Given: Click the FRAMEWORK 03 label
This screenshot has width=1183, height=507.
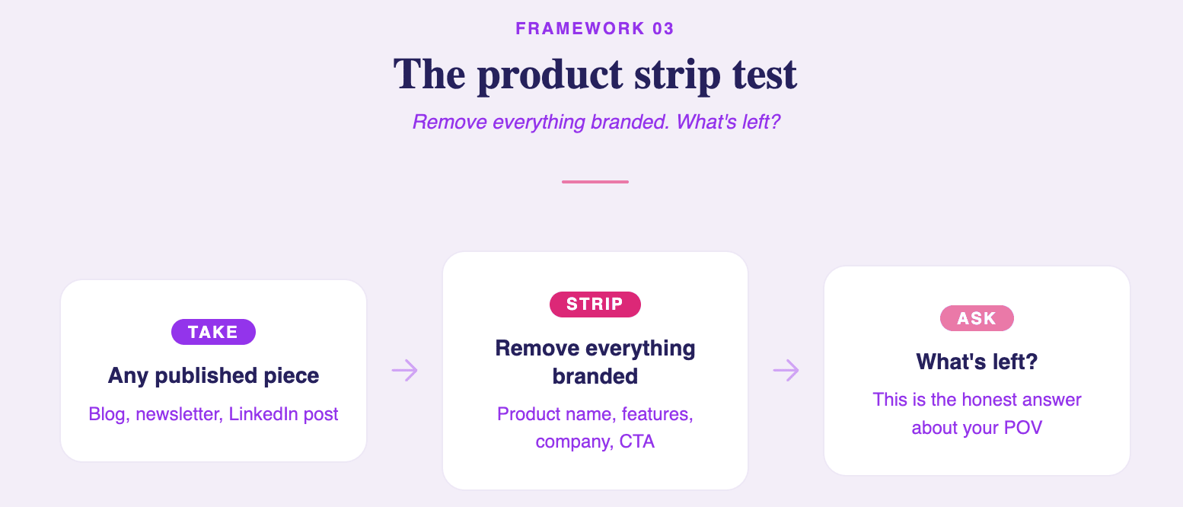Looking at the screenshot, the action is pos(595,28).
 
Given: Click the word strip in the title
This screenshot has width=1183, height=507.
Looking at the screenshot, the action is pos(678,76).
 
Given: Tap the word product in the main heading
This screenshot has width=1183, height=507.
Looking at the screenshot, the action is pos(550,75).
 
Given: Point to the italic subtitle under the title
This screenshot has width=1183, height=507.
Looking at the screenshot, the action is pos(596,122).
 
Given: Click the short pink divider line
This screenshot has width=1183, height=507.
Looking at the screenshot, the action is pos(595,182).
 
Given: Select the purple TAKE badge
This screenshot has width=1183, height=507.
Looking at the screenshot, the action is pos(213,332).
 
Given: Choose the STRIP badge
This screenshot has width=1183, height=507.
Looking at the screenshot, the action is pos(595,305).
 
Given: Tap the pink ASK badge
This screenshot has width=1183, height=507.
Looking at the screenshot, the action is pos(977,318).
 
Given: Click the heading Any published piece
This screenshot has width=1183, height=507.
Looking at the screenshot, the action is pos(213,375).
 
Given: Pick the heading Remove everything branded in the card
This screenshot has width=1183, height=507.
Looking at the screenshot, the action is pos(595,362).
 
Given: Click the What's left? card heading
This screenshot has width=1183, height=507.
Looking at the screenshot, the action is pos(977,362).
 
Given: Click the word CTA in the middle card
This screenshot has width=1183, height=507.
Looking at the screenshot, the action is pos(637,442).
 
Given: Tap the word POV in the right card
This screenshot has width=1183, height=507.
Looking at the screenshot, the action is pos(1023,428).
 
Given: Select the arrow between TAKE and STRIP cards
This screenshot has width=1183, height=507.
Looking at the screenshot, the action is pos(404,370).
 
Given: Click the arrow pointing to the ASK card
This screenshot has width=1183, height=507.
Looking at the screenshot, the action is pos(786,370).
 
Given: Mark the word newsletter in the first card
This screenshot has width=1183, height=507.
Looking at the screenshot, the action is pos(178,414).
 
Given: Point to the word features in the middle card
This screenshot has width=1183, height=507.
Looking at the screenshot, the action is pos(657,414).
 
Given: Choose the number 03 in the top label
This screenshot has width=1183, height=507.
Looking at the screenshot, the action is pos(663,28).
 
